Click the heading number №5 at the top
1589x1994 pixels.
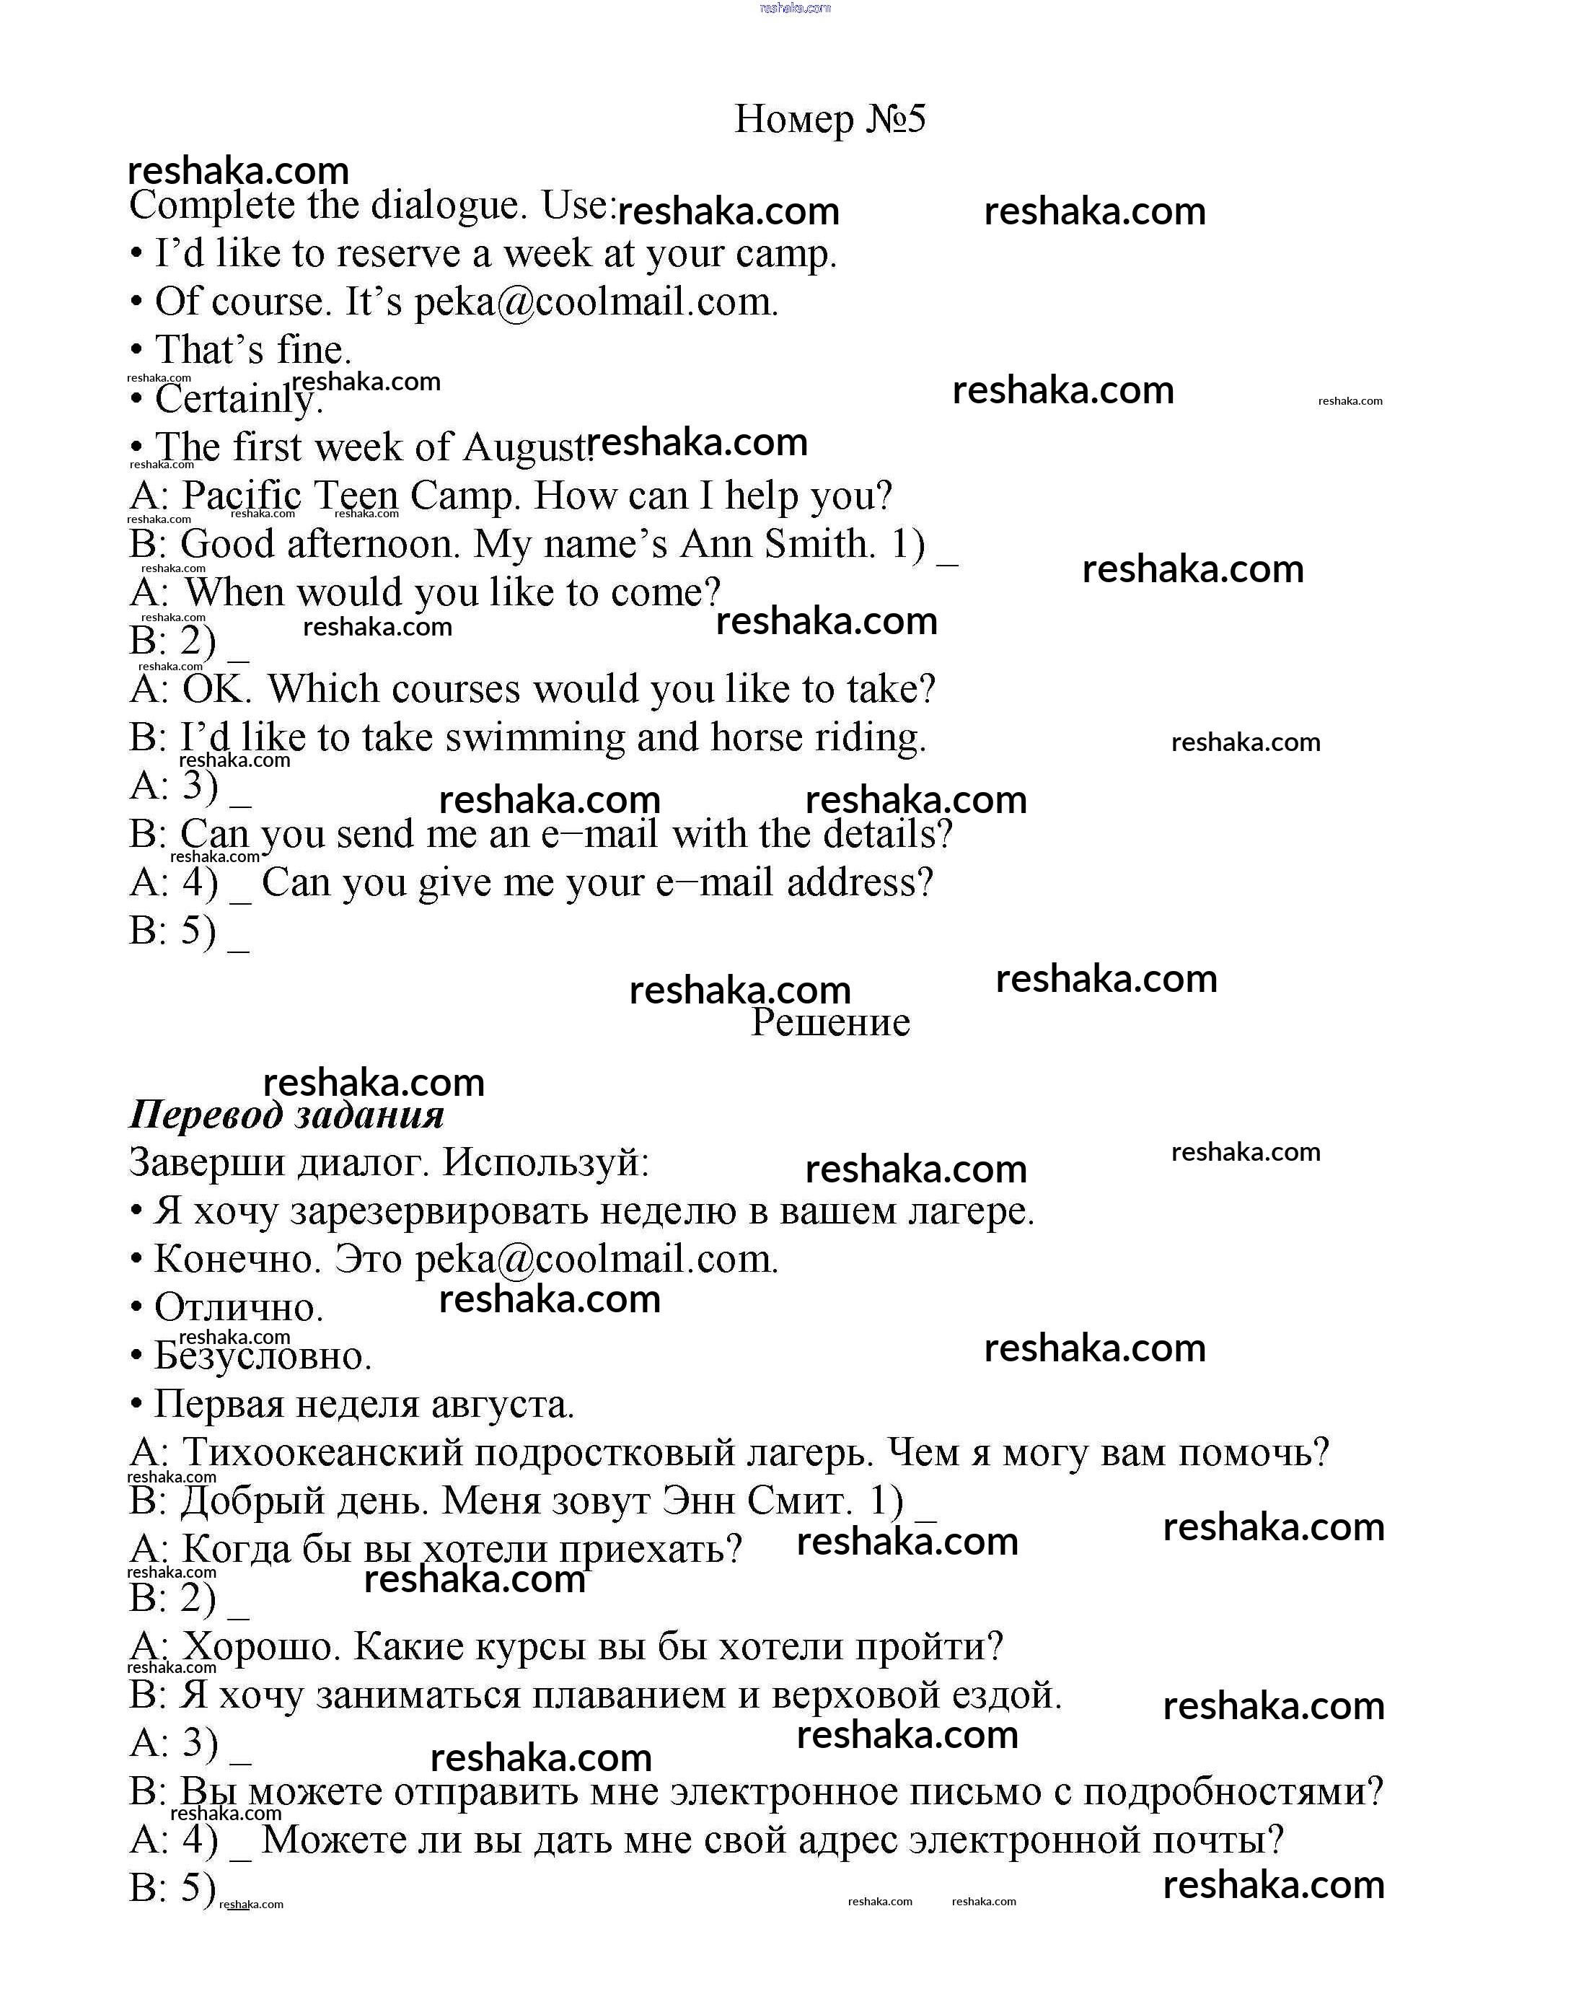(894, 119)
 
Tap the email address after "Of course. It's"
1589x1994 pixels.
(596, 302)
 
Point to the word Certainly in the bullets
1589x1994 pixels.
(236, 399)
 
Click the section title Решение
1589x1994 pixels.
(829, 1022)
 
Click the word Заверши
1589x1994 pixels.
(206, 1162)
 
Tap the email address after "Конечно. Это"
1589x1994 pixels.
(596, 1260)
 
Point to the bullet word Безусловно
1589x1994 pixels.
(262, 1356)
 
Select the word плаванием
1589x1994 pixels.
(632, 1695)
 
